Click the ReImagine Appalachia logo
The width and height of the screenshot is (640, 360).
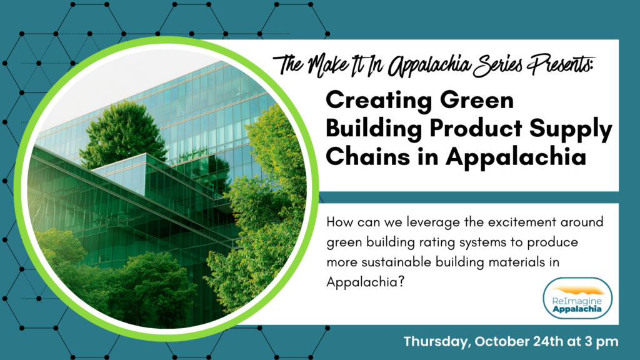(x=577, y=298)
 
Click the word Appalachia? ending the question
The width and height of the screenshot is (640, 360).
(x=365, y=282)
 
